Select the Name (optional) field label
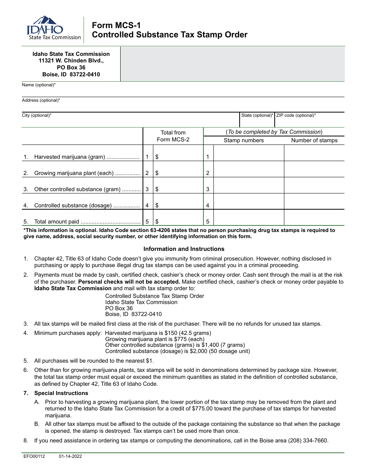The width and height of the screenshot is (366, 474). point(39,85)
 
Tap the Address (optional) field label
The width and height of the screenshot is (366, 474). point(41,100)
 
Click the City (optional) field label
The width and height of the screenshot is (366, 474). point(37,115)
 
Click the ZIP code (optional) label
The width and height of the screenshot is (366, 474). point(296,115)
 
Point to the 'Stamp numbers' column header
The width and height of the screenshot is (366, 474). point(243,140)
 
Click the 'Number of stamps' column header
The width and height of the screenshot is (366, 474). point(314,140)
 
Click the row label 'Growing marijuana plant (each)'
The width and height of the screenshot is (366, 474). point(74,173)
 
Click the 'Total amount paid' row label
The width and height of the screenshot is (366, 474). point(57,222)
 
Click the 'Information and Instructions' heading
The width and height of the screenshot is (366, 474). point(184,249)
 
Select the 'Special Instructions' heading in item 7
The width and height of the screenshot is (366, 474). point(61,393)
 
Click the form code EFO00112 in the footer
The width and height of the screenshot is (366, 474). point(34,456)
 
